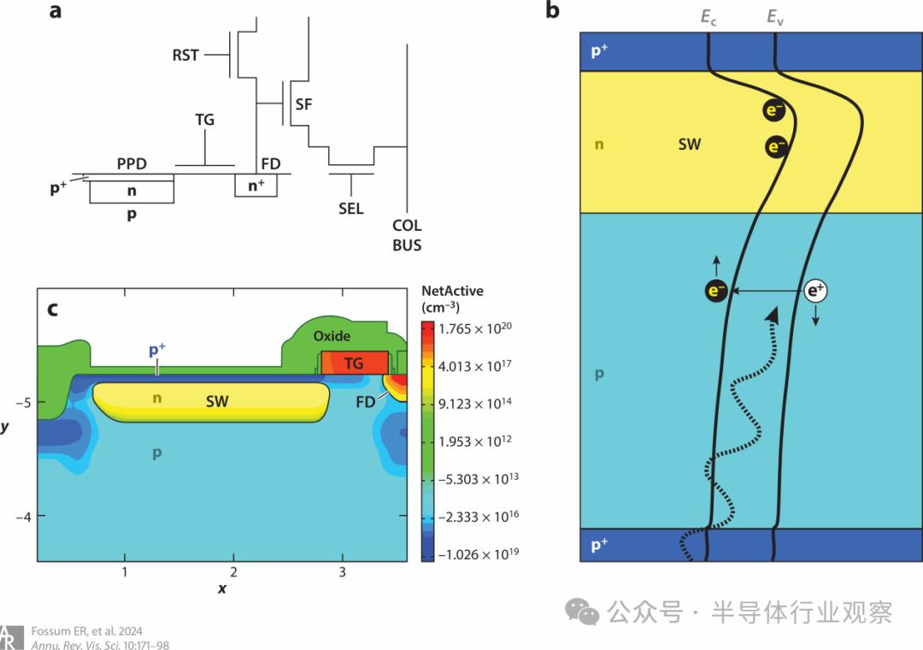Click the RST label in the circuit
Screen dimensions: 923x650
point(185,55)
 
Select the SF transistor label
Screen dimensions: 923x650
point(303,104)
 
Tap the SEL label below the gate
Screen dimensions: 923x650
point(351,209)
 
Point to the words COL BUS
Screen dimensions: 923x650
point(407,235)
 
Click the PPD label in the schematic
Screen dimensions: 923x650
point(132,164)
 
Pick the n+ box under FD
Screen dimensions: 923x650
point(256,186)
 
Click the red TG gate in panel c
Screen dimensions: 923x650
point(355,363)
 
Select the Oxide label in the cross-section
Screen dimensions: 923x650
point(332,336)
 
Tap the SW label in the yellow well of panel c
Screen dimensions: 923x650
point(217,401)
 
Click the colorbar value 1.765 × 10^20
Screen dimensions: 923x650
point(475,328)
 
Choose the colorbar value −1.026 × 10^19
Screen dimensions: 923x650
point(479,554)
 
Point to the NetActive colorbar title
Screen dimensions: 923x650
point(452,298)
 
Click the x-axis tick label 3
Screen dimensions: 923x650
point(342,572)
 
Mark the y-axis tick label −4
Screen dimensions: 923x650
point(23,517)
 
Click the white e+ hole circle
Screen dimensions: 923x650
point(816,291)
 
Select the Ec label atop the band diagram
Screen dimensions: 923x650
point(708,17)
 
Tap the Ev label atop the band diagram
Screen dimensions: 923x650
point(775,17)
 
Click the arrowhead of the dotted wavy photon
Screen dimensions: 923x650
point(773,316)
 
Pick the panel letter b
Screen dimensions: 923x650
point(552,10)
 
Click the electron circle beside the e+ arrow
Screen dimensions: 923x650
point(716,291)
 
